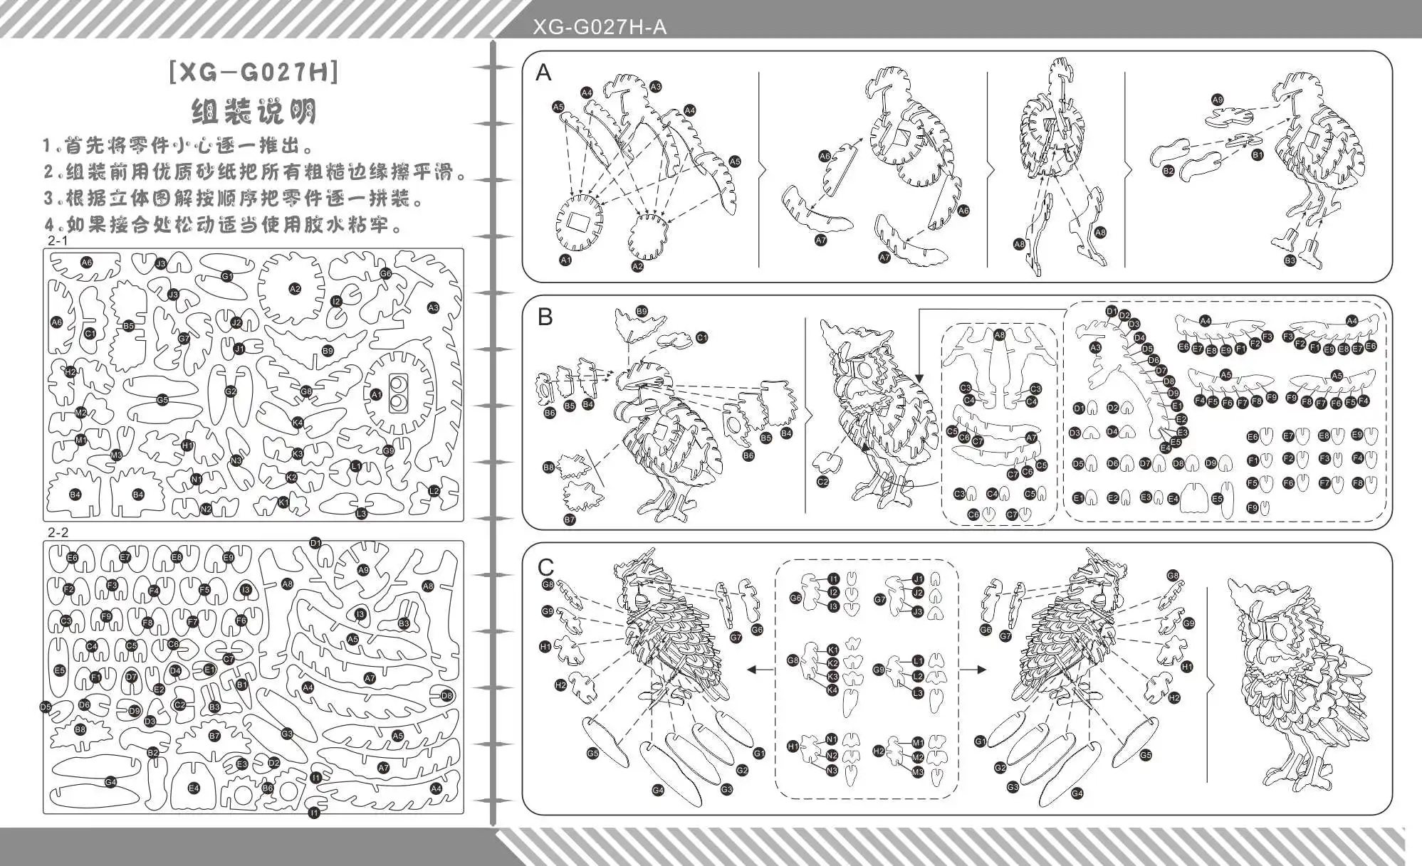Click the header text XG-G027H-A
tap(600, 27)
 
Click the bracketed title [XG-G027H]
tap(254, 73)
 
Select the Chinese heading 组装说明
tap(253, 111)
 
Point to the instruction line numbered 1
tap(178, 146)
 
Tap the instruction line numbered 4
tap(224, 225)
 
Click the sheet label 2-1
tap(58, 241)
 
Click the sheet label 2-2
tap(58, 532)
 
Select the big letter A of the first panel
tap(543, 73)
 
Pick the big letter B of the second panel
tap(545, 317)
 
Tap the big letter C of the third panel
tap(545, 567)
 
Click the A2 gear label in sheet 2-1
tap(295, 289)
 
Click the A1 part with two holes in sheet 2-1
tap(397, 394)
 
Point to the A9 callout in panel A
tap(1217, 100)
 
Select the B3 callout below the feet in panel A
tap(1290, 261)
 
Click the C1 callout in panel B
tap(702, 337)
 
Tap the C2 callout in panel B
tap(823, 482)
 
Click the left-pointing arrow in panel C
tap(760, 669)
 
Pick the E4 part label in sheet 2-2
tap(194, 788)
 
